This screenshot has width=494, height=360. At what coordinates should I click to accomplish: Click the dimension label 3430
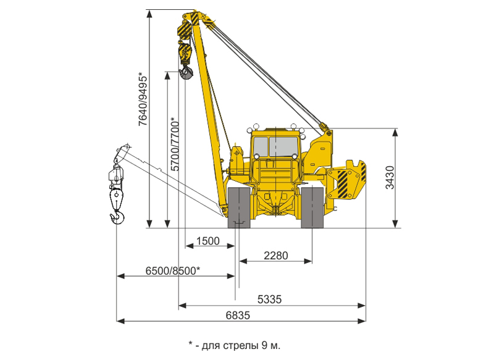click(390, 177)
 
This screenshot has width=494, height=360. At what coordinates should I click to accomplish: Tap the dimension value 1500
click(208, 241)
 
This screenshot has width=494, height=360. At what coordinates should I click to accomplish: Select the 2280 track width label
click(276, 256)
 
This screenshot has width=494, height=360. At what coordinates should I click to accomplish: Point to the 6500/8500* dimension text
click(173, 270)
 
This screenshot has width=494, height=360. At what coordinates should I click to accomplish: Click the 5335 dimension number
click(270, 299)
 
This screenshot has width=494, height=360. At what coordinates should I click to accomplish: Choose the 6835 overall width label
click(238, 316)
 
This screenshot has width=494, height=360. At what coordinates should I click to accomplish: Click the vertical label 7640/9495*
click(143, 99)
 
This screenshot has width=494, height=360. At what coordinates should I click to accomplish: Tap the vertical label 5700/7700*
click(175, 144)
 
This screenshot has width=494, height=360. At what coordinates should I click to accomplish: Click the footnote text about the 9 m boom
click(235, 345)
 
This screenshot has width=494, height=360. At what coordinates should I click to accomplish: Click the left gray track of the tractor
click(239, 207)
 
